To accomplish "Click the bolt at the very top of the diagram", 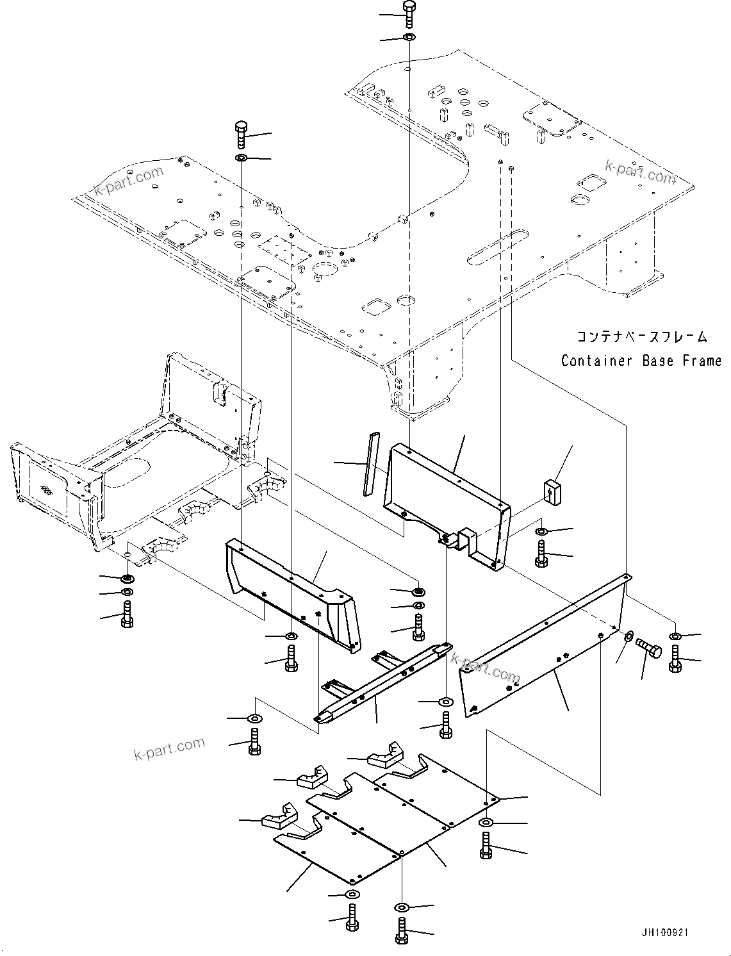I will click(409, 11).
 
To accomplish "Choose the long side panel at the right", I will click(545, 647).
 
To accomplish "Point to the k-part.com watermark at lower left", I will click(169, 747).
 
